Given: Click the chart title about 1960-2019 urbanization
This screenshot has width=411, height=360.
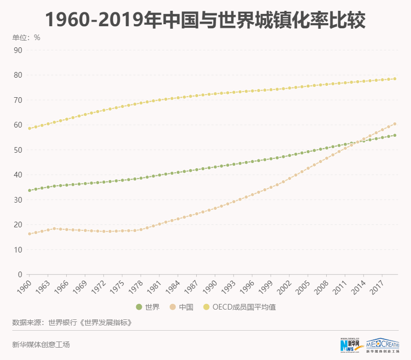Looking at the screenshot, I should [206, 20].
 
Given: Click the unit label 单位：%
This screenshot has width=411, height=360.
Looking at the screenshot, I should [26, 38].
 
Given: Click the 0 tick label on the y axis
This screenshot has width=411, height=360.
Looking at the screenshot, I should [20, 275].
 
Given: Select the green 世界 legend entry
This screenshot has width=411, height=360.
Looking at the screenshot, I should [148, 307].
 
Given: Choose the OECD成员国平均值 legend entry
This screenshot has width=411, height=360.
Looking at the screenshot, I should [244, 307].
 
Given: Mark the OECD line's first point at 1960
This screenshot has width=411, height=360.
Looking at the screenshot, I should [29, 129].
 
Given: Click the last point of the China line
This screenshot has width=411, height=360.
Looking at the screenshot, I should [395, 124].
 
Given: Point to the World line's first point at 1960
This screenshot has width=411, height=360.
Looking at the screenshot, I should [29, 190].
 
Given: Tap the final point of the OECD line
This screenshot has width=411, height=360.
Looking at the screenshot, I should [395, 79].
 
